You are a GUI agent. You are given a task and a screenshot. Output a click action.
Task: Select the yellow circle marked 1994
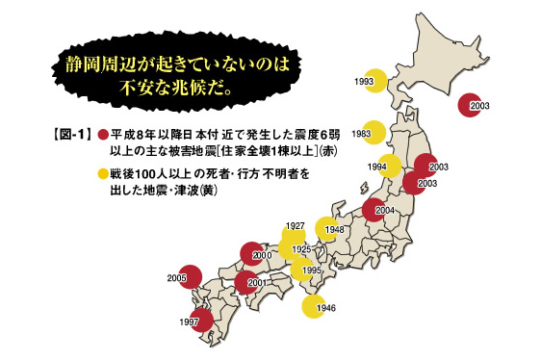(x=390, y=167)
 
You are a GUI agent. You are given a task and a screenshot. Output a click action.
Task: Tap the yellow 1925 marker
(x=298, y=248)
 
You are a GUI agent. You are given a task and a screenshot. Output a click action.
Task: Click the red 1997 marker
(x=200, y=319)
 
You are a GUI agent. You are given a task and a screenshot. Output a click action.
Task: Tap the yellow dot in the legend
(x=103, y=174)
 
